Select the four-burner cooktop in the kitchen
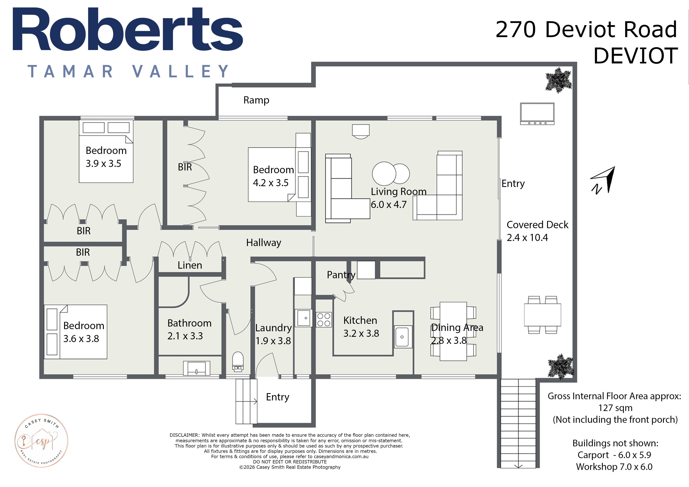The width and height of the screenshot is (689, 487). pyautogui.click(x=324, y=319)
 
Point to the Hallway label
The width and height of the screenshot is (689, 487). pyautogui.click(x=263, y=243)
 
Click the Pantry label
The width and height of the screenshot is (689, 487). pyautogui.click(x=341, y=275)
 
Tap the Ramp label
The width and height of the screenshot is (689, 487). pyautogui.click(x=256, y=100)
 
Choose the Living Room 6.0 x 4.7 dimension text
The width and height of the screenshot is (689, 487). pyautogui.click(x=389, y=204)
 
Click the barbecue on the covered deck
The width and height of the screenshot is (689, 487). pyautogui.click(x=537, y=114)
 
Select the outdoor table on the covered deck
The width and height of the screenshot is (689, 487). pyautogui.click(x=542, y=315)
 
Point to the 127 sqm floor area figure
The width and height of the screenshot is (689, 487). pyautogui.click(x=615, y=408)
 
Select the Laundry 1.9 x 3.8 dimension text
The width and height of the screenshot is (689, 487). pyautogui.click(x=273, y=341)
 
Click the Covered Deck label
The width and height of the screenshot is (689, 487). pyautogui.click(x=537, y=224)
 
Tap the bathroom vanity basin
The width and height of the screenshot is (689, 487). pyautogui.click(x=197, y=368)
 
